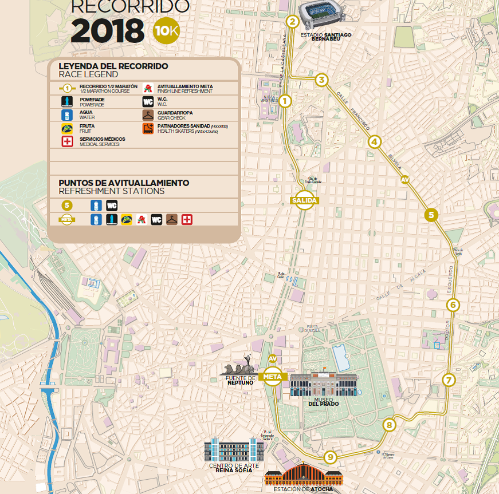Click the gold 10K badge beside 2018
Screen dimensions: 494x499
pyautogui.click(x=166, y=31)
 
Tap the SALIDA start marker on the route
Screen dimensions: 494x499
pyautogui.click(x=304, y=200)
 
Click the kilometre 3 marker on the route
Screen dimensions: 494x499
pyautogui.click(x=322, y=80)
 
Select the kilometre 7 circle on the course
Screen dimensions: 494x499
pyautogui.click(x=449, y=380)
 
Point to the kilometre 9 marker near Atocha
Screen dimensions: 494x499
pyautogui.click(x=329, y=457)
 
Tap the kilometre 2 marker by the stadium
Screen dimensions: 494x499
pyautogui.click(x=292, y=22)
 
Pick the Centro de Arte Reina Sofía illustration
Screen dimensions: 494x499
pyautogui.click(x=234, y=450)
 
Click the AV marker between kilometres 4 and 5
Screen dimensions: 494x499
pyautogui.click(x=406, y=180)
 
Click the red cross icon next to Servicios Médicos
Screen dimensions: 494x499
pyautogui.click(x=68, y=141)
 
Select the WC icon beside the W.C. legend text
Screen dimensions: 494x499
pyautogui.click(x=148, y=102)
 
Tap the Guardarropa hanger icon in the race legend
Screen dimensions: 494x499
pyautogui.click(x=148, y=115)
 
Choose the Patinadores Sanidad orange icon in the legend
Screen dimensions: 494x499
pyautogui.click(x=148, y=128)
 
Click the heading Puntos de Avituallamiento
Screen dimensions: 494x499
pyautogui.click(x=124, y=183)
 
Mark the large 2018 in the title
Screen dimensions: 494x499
pyautogui.click(x=107, y=31)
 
